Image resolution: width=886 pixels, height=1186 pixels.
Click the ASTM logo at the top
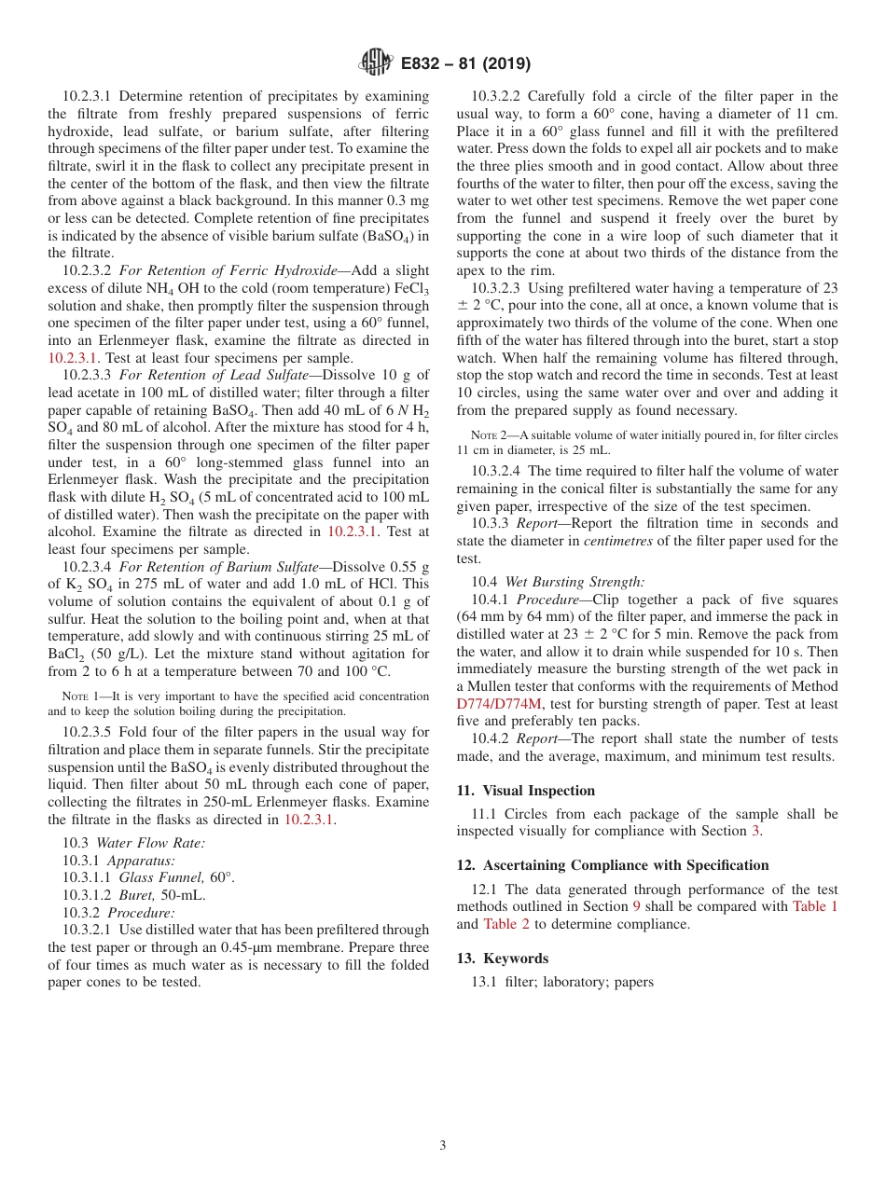pyautogui.click(x=376, y=63)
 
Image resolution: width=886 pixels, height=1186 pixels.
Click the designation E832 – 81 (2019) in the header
pyautogui.click(x=465, y=64)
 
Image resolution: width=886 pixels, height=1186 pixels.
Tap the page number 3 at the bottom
pyautogui.click(x=442, y=1145)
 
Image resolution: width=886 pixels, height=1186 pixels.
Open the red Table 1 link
pyautogui.click(x=815, y=906)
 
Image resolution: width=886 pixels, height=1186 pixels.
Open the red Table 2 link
pyautogui.click(x=507, y=924)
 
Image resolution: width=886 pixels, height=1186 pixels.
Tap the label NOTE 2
pyautogui.click(x=490, y=435)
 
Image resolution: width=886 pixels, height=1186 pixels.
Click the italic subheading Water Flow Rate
pyautogui.click(x=150, y=843)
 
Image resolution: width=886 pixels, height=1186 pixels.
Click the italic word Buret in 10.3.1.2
pyautogui.click(x=137, y=895)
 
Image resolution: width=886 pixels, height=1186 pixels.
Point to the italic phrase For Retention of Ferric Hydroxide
pyautogui.click(x=228, y=270)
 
